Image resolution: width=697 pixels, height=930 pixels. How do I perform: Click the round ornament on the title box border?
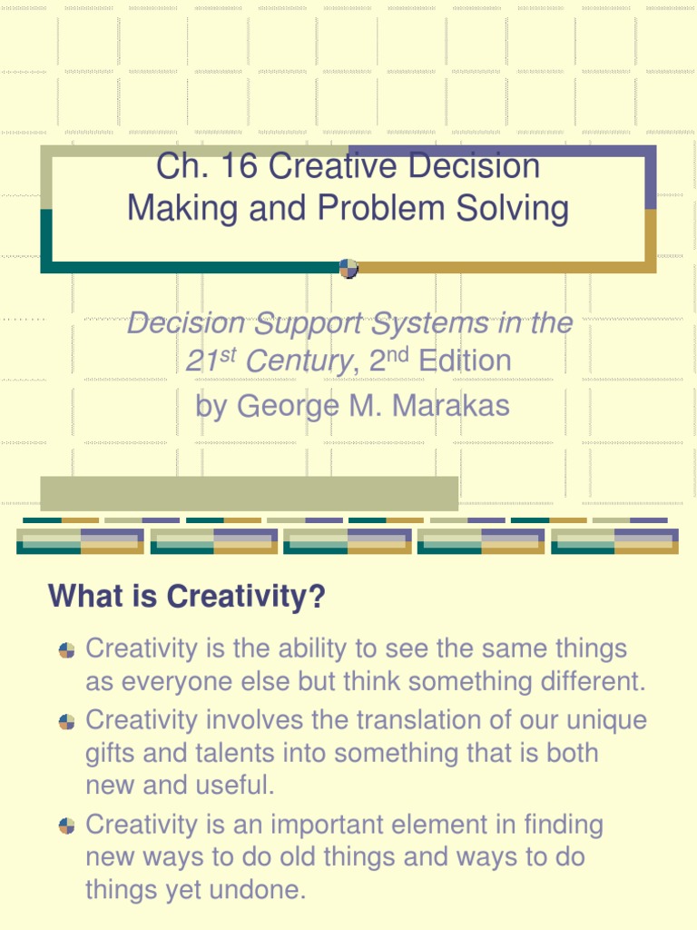click(x=348, y=268)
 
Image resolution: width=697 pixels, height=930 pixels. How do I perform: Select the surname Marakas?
click(x=450, y=405)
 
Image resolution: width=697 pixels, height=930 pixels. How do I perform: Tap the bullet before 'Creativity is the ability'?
click(x=66, y=650)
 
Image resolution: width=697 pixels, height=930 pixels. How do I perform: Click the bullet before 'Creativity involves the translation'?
click(x=66, y=721)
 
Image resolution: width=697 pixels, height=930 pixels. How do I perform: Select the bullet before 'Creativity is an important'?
click(x=66, y=826)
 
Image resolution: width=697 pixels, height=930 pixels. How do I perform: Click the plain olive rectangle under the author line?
click(x=249, y=493)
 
